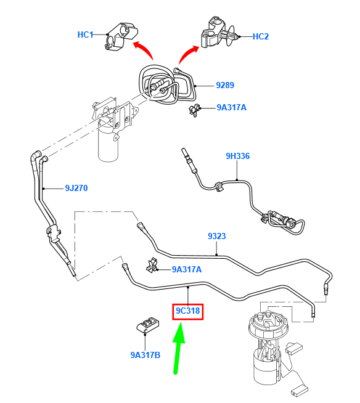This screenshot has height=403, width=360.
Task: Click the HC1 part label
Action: point(85,35)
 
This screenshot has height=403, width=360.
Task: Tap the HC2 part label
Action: point(261,36)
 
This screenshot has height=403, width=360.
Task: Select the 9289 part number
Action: point(225,85)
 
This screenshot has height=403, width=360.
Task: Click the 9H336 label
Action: point(237,156)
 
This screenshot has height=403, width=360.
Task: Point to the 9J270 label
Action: point(76,188)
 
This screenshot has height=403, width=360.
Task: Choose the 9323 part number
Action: point(217,236)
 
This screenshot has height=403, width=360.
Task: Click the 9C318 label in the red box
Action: point(188,311)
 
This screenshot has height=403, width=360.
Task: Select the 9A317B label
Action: point(145,355)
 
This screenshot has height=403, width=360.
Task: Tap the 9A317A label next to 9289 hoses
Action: point(231,107)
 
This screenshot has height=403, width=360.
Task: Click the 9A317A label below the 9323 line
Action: point(187,269)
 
